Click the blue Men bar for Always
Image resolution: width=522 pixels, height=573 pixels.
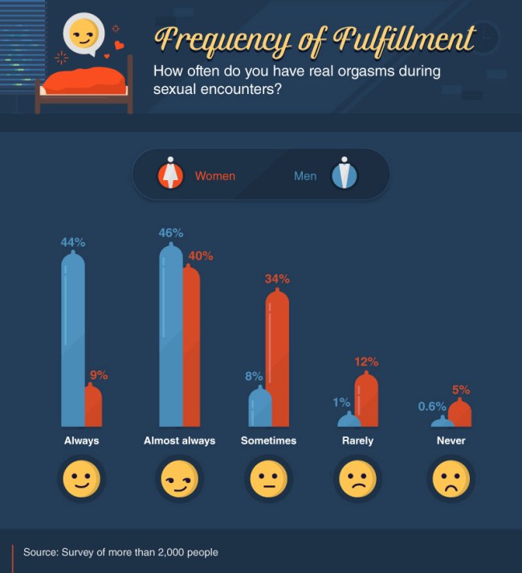(x=73, y=342)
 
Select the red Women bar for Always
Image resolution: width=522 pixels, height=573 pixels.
(x=93, y=406)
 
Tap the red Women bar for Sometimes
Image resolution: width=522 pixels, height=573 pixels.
(x=277, y=358)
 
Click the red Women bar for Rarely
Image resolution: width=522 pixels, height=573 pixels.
(x=366, y=399)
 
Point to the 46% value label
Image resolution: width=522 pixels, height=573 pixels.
(x=171, y=233)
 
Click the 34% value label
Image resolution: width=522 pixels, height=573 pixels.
(x=277, y=279)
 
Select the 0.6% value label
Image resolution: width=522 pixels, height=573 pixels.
(x=432, y=407)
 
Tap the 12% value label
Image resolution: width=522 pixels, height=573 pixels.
(x=366, y=362)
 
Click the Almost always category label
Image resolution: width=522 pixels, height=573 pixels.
(x=179, y=440)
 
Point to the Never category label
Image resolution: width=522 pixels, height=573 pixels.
(x=451, y=440)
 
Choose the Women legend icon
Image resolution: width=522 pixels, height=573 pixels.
(x=170, y=174)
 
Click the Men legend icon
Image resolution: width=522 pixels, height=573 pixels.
(x=344, y=174)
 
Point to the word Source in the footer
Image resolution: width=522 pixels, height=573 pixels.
(x=41, y=552)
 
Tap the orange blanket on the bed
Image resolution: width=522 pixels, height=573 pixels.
(x=84, y=79)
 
